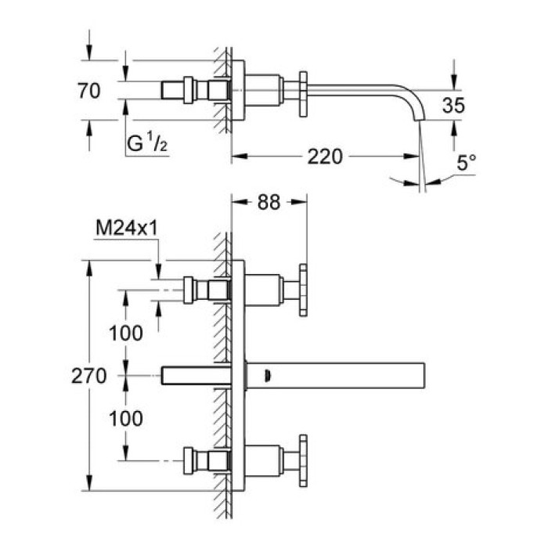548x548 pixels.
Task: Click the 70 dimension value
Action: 89,91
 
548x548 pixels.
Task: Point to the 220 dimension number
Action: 325,157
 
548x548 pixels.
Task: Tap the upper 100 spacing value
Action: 126,333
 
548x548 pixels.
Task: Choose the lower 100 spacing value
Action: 126,419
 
